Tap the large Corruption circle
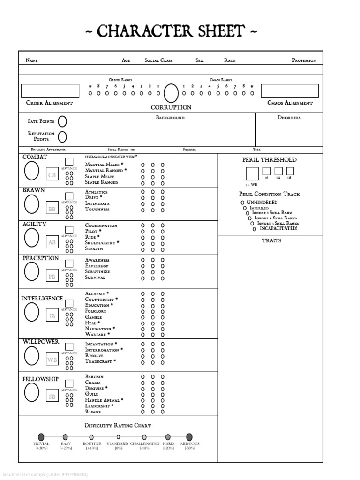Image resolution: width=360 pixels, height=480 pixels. tap(171, 93)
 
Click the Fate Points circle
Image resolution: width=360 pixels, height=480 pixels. tap(62, 121)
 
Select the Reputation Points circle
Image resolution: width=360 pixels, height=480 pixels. tap(62, 136)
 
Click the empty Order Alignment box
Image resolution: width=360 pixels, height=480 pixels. tap(50, 90)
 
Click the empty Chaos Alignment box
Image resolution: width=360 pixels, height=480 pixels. tap(289, 90)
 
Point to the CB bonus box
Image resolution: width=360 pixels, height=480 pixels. tap(52, 175)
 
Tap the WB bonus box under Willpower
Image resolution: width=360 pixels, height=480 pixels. tap(52, 360)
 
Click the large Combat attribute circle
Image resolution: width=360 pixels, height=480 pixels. tap(31, 171)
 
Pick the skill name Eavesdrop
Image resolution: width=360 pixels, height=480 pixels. tap(97, 266)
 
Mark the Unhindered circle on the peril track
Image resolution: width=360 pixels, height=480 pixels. tap(242, 202)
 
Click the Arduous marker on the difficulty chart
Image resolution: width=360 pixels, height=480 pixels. tap(189, 437)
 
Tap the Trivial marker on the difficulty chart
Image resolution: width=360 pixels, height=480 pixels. tap(41, 437)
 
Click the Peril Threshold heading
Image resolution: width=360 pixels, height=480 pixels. tap(269, 160)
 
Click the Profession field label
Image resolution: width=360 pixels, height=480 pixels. tap(304, 60)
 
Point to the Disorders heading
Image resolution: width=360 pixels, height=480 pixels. tap(289, 118)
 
